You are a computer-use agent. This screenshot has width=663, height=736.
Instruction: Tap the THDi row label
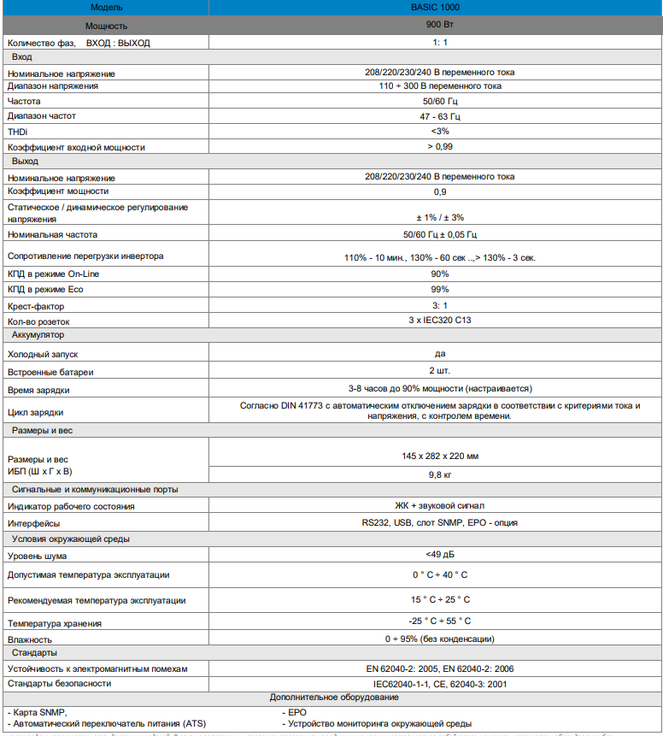(x=17, y=132)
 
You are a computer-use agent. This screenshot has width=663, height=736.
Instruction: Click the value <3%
(x=440, y=132)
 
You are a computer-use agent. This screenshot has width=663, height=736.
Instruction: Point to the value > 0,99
(x=440, y=147)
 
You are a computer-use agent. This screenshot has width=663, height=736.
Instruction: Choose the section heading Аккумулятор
(x=38, y=335)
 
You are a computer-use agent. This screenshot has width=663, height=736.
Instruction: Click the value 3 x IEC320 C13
(x=440, y=321)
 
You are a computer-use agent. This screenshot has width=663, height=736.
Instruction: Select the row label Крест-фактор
(x=36, y=305)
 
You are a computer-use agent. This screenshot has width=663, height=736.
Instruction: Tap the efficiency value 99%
(x=440, y=290)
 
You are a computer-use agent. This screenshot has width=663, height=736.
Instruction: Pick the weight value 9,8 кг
(x=440, y=473)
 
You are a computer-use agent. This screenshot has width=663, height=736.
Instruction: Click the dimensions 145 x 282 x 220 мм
(x=440, y=455)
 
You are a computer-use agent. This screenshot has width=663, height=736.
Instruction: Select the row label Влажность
(x=30, y=639)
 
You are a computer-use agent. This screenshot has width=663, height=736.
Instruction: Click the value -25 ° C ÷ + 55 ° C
(x=440, y=621)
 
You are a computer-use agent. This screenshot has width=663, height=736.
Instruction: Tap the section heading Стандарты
(x=35, y=653)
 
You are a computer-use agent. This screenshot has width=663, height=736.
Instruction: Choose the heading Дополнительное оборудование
(x=333, y=698)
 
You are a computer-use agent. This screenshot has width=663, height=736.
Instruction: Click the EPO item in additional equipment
(x=298, y=712)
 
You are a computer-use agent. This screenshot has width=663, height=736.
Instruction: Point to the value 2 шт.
(x=440, y=371)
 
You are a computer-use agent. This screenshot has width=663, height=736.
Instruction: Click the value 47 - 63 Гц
(x=440, y=116)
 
